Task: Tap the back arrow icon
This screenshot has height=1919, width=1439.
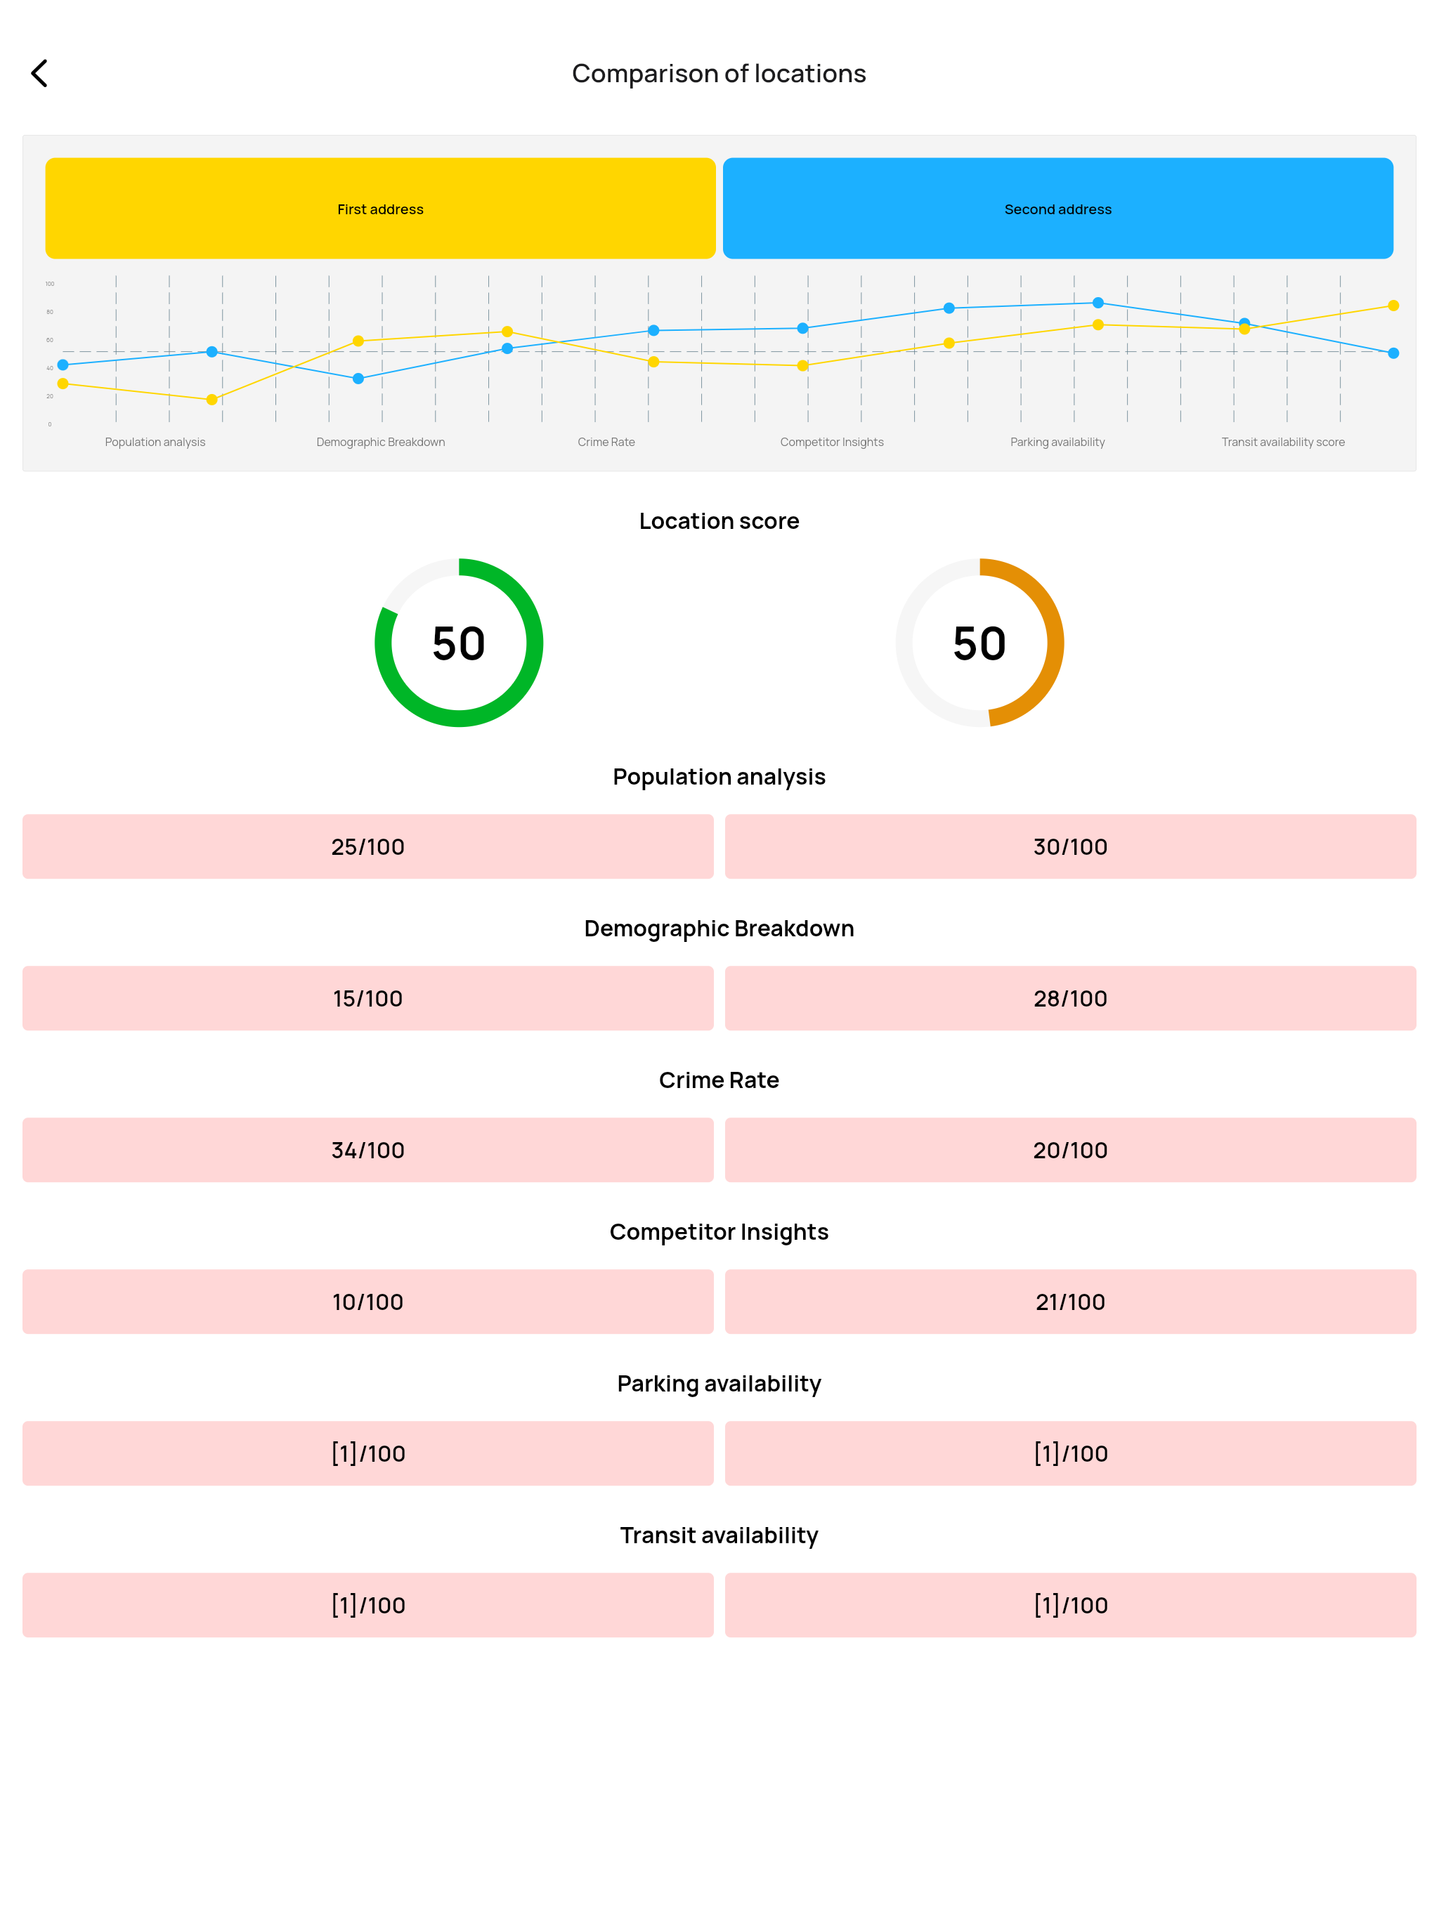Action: [39, 74]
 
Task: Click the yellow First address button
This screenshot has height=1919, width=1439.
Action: [380, 208]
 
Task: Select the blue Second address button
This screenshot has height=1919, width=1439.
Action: [1058, 208]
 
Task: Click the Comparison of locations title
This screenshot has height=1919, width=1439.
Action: [719, 74]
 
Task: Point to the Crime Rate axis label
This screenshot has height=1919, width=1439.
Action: [606, 442]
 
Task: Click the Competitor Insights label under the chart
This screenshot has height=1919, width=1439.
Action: [831, 442]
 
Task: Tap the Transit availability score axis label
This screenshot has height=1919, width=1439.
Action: [1283, 442]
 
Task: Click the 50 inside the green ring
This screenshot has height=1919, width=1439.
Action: [458, 643]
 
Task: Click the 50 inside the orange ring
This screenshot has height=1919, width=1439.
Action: [979, 643]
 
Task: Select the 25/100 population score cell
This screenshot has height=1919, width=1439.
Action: [368, 846]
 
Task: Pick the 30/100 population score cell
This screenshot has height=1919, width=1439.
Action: [1070, 846]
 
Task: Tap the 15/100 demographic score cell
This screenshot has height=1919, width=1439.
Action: [368, 999]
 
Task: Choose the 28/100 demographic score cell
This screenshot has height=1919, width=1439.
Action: [1070, 999]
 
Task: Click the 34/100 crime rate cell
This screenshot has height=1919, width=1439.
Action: [368, 1151]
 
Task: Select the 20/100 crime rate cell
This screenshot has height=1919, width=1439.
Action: [1070, 1151]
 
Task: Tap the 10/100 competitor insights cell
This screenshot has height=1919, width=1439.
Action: [368, 1302]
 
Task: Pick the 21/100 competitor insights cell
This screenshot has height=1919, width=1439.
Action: [1070, 1302]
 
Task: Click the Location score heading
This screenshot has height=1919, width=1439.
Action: [719, 520]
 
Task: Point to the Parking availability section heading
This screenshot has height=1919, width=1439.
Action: [719, 1384]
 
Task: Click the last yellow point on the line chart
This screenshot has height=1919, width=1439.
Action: [1393, 306]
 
